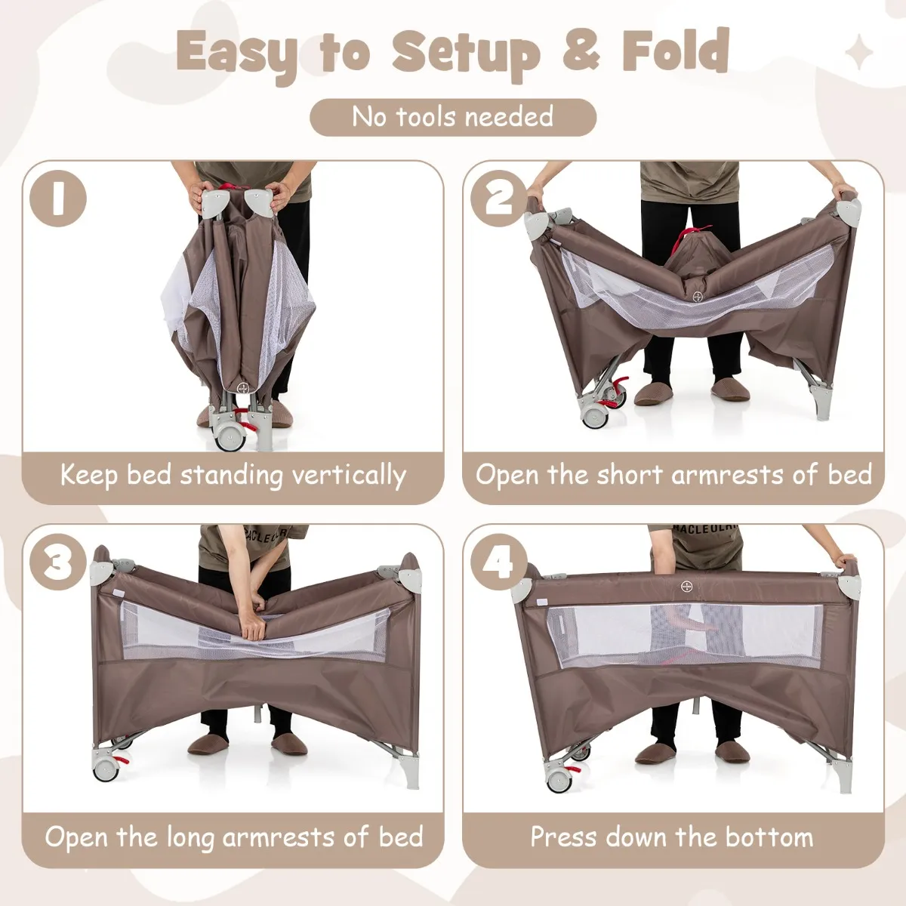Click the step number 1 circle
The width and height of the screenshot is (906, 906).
click(58, 198)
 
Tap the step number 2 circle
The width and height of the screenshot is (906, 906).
click(499, 198)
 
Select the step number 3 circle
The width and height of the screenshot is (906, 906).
click(58, 562)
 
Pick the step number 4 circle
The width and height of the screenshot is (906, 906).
click(499, 562)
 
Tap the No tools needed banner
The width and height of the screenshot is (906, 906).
click(453, 117)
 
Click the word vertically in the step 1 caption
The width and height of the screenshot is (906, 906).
click(349, 476)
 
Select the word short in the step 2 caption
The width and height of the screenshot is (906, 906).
click(629, 474)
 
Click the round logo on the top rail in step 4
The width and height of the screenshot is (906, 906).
click(686, 587)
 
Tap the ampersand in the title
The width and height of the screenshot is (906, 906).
click(581, 51)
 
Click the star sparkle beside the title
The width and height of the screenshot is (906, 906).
click(858, 52)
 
